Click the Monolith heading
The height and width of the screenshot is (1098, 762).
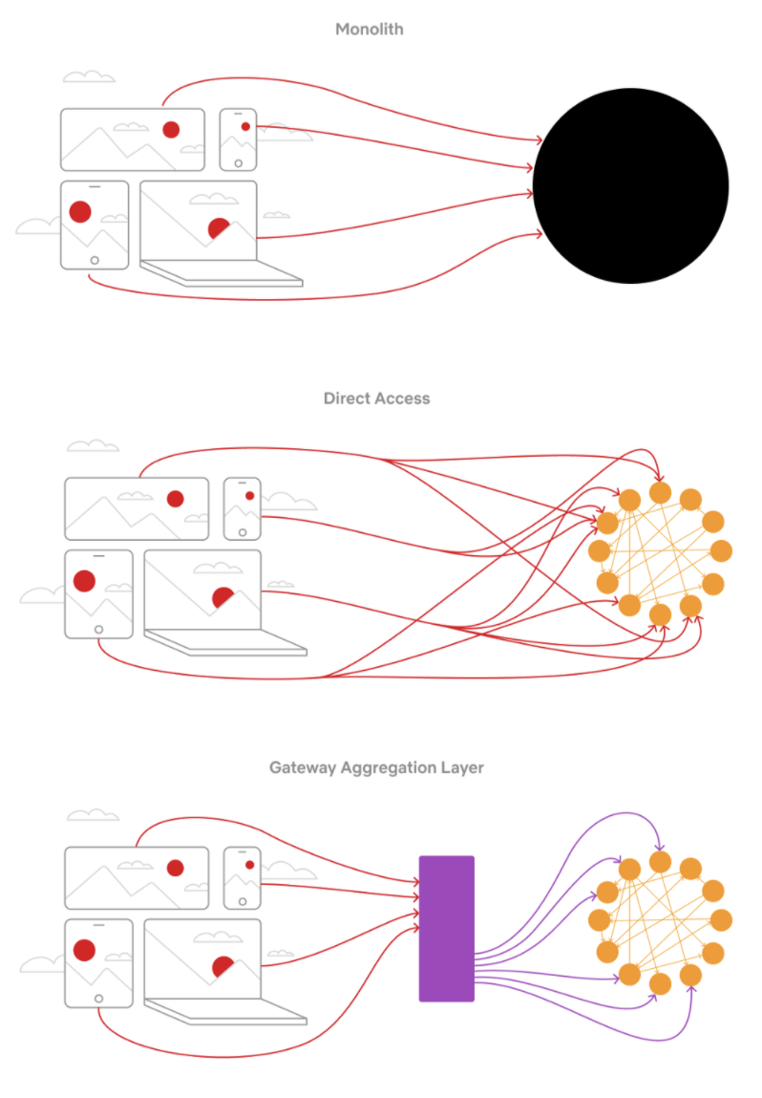coord(369,30)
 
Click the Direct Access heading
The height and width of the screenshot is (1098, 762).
coord(376,398)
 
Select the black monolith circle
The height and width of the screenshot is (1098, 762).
coord(630,185)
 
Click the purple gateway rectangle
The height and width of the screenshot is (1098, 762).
coord(446,928)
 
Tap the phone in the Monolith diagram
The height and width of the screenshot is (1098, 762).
coord(238,140)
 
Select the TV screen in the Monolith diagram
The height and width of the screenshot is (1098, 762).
coord(132,140)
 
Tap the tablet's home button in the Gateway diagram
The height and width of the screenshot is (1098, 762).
coord(98,998)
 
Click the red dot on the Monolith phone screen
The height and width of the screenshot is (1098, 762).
coord(245,126)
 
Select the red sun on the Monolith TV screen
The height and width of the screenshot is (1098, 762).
coord(171,129)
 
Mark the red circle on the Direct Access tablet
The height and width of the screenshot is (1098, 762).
coord(84,580)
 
